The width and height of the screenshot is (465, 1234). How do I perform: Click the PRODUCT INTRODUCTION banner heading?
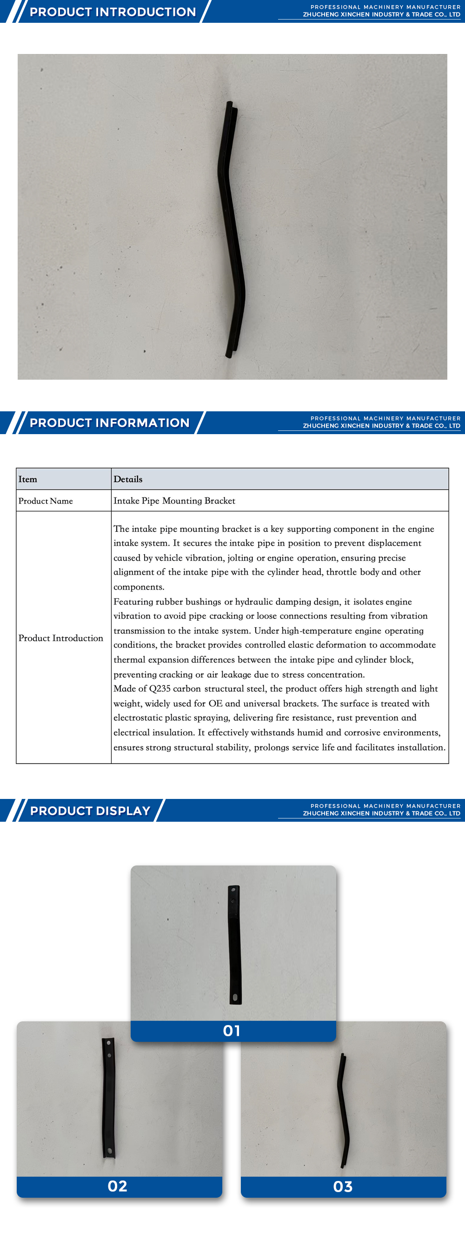point(113,12)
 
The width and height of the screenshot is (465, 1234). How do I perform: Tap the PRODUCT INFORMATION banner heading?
point(109,423)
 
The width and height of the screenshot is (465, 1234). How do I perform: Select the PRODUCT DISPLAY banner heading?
point(90,811)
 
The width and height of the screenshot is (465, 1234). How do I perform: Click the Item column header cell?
point(28,479)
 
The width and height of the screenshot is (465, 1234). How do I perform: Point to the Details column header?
point(128,479)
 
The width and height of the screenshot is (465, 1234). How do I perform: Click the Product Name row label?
point(46,501)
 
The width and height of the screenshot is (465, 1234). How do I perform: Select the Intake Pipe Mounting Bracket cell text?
point(174,501)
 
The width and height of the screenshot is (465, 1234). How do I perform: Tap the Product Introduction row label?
point(61,638)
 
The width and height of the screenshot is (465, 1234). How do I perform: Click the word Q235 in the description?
point(159,688)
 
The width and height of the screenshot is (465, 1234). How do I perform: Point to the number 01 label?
point(232,1031)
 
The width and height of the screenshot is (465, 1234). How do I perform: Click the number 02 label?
point(117,1186)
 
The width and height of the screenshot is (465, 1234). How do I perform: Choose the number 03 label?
point(343,1187)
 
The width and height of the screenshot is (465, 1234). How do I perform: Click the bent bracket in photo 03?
point(343,1111)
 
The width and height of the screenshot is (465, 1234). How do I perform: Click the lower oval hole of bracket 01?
point(235,997)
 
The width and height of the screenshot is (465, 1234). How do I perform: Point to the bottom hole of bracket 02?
point(110,1150)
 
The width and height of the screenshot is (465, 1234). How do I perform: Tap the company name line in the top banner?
point(381,15)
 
